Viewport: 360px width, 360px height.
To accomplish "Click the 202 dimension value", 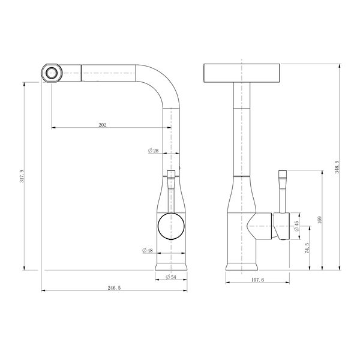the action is [103, 125].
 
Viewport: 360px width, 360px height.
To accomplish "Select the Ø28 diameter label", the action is [153, 151].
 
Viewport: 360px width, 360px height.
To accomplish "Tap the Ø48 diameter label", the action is [148, 250].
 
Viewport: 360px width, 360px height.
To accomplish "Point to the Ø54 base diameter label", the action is [171, 277].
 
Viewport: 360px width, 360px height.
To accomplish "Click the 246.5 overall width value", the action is [114, 288].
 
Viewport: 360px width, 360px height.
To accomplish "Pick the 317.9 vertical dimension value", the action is [22, 176].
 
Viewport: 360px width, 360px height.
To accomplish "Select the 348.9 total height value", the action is [337, 167].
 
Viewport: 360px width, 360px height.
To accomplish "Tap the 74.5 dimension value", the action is [307, 248].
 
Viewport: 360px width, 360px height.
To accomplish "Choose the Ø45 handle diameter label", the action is [296, 226].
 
